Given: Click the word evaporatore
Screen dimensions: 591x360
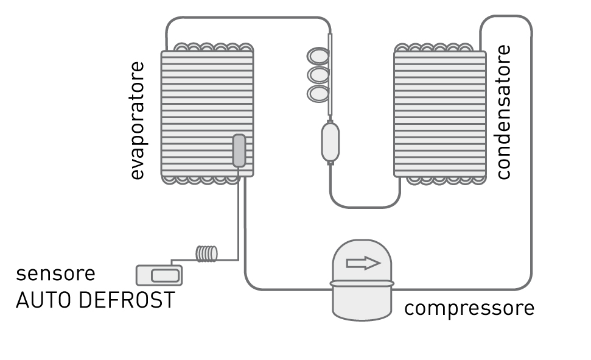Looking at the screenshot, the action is [137, 121].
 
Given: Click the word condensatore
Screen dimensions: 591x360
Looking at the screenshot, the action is [503, 112].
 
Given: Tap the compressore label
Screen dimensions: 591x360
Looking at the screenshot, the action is [469, 309].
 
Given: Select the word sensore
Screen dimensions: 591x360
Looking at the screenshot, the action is [55, 274].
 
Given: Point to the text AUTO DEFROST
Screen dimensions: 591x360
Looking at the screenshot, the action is [96, 300].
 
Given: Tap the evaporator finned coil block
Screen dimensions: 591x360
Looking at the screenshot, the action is [208, 113].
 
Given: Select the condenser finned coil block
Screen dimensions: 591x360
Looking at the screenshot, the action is [440, 113].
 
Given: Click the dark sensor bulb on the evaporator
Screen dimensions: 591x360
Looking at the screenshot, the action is [239, 150].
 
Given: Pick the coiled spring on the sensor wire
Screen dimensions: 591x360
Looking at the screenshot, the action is [206, 253].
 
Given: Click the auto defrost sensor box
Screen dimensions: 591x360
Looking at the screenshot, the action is [159, 275].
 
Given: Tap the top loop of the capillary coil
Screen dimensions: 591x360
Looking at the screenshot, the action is [318, 56].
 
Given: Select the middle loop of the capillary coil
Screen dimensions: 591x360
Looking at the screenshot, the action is [318, 75].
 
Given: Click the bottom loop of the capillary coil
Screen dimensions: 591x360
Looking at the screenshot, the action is [318, 94].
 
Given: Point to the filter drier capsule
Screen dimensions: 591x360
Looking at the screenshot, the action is [330, 143].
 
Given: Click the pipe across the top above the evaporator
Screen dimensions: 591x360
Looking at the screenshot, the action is [249, 17].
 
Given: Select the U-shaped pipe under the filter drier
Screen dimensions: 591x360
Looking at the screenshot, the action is [364, 206].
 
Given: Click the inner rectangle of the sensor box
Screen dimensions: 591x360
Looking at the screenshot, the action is [165, 276].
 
